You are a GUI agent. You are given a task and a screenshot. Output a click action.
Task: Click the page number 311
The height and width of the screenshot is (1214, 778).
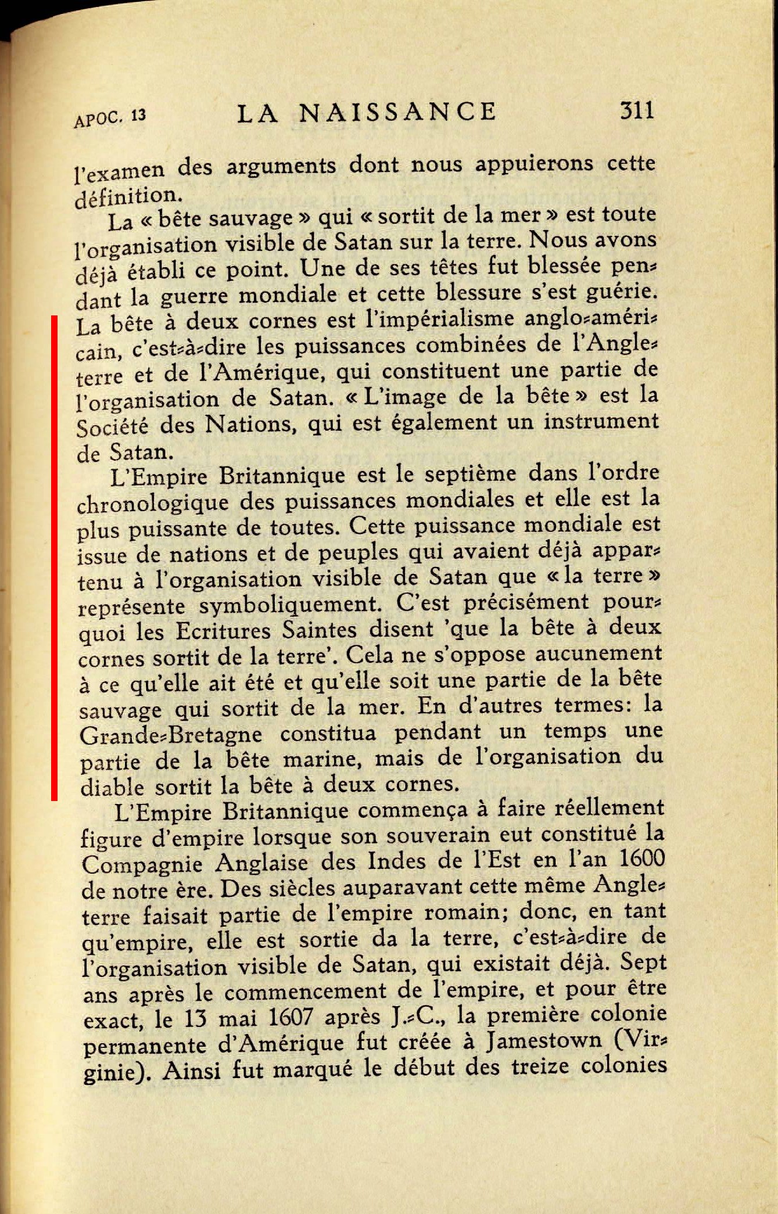[637, 110]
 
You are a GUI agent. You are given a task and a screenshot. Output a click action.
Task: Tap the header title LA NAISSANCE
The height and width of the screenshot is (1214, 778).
[367, 112]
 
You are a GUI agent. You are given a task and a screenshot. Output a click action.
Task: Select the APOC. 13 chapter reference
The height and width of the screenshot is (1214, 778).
[110, 118]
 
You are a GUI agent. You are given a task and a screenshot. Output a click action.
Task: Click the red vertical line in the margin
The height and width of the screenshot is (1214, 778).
[53, 558]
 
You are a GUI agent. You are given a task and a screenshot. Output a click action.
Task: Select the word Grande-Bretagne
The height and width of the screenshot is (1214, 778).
[170, 735]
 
